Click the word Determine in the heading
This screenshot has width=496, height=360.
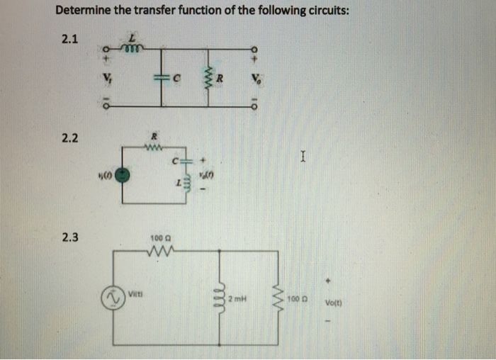[84, 11]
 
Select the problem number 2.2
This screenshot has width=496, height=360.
[69, 137]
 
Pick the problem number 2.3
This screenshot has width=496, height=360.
[69, 238]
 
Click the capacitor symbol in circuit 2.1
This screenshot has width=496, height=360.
[163, 77]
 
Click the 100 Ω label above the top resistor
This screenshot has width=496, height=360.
[160, 239]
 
